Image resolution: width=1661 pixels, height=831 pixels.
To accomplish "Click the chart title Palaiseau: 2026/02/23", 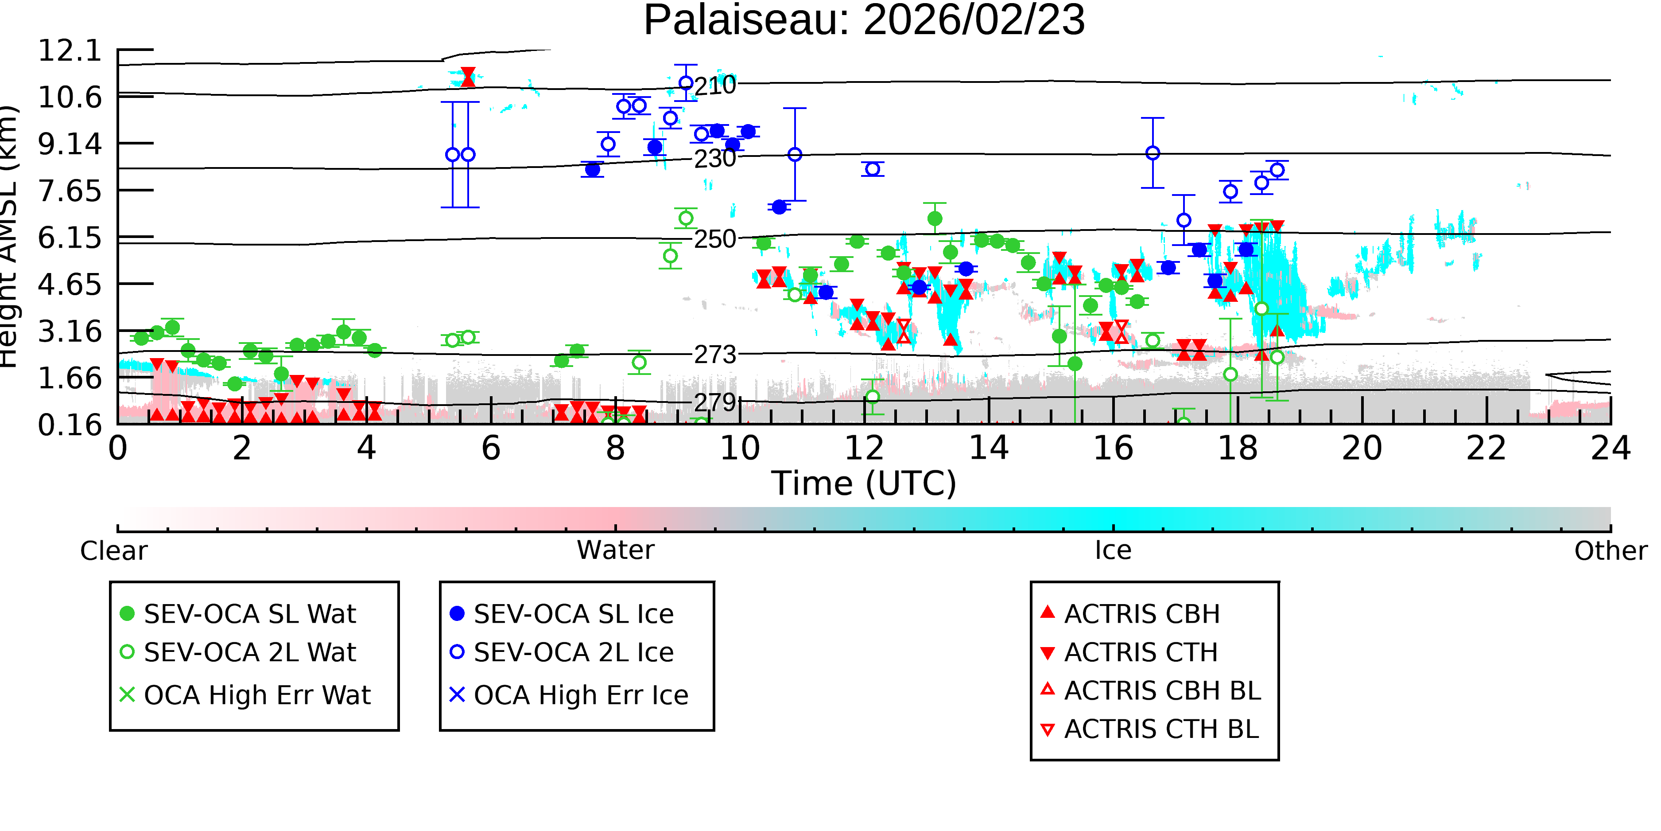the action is tap(864, 21).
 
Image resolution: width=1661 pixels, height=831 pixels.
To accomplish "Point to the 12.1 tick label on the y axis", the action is tap(70, 51).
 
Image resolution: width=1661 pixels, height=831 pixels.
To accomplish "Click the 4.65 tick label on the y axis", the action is tap(70, 285).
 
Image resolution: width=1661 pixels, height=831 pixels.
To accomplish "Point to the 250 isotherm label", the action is tap(715, 239).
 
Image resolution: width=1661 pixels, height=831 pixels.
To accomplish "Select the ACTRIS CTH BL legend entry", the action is tap(1150, 729).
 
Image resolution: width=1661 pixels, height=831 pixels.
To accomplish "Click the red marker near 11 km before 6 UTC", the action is tap(468, 77).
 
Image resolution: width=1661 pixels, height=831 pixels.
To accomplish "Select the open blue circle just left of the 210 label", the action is tap(686, 83).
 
